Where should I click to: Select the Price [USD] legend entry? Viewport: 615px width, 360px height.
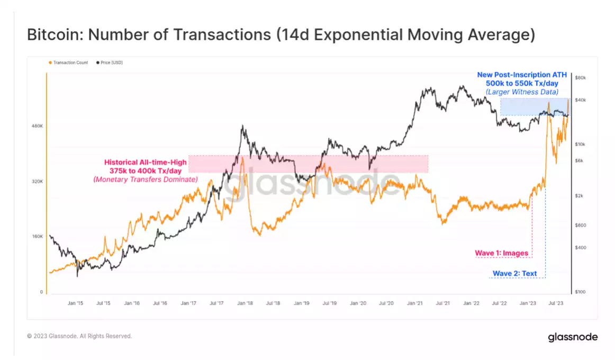point(111,62)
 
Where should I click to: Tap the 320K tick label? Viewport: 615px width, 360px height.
point(37,181)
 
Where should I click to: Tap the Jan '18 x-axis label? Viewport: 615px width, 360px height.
point(245,303)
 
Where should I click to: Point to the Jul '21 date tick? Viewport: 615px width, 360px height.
point(442,303)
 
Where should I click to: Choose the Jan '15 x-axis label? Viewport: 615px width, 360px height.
point(75,303)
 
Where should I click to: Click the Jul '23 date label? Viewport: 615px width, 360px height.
point(556,303)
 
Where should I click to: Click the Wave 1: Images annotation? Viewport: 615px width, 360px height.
point(501,253)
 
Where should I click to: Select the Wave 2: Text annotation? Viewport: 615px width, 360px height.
point(514,274)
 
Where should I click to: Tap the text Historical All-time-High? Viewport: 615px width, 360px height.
point(146,162)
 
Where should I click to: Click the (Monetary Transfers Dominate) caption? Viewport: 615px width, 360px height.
point(146,179)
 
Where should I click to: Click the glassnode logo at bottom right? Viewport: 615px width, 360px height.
point(573,337)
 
